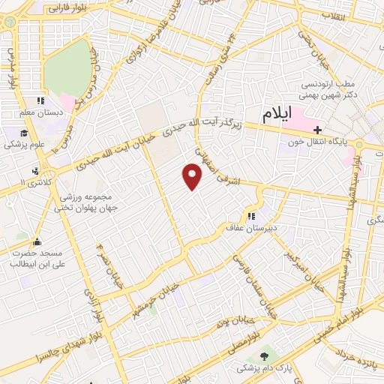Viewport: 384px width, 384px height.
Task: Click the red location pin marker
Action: [193, 177]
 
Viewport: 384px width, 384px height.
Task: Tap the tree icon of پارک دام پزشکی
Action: [264, 356]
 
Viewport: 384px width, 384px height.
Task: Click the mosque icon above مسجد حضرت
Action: [37, 241]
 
